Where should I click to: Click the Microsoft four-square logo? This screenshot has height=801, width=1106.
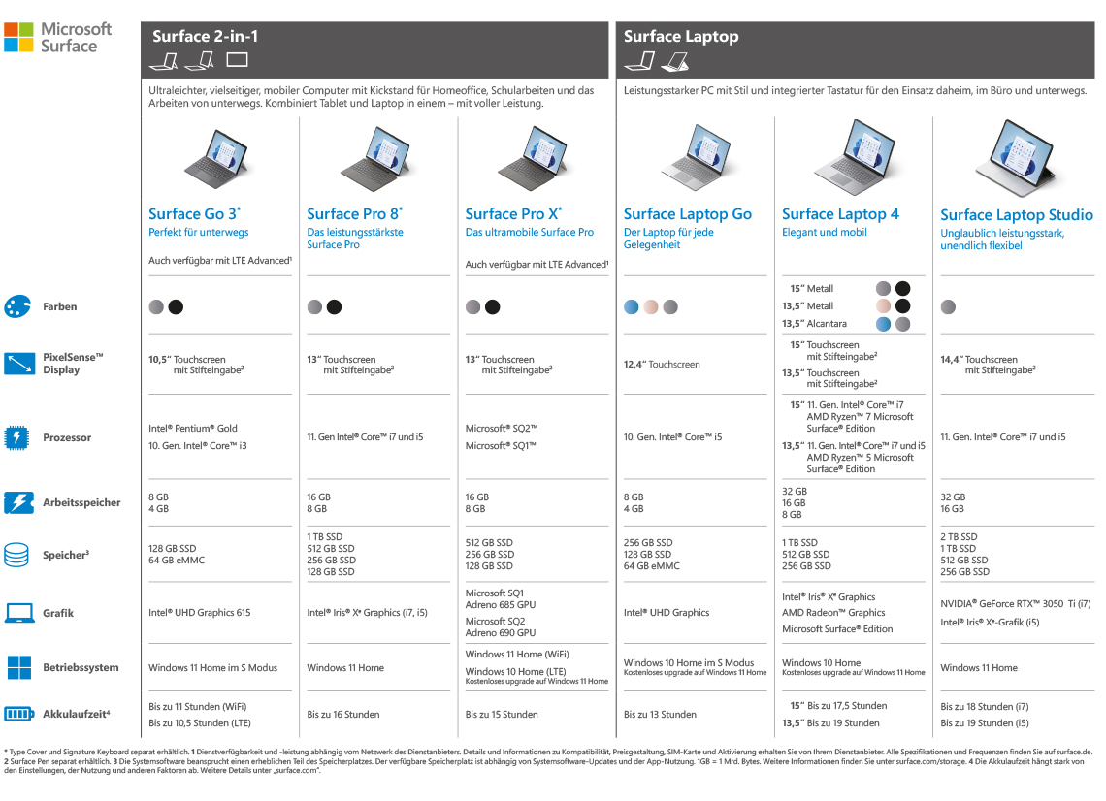(x=19, y=37)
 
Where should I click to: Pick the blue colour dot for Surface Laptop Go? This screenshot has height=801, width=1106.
(x=632, y=307)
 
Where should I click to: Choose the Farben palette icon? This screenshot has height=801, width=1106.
(x=17, y=306)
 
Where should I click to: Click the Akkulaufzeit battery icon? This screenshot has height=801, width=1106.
(x=18, y=715)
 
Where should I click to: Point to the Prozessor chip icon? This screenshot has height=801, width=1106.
(x=17, y=437)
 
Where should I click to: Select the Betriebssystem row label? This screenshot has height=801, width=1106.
(x=81, y=667)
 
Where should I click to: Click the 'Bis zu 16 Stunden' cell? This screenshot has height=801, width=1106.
(x=343, y=715)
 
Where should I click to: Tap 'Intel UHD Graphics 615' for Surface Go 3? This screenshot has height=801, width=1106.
(x=199, y=613)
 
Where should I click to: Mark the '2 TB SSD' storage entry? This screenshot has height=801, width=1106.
(x=959, y=536)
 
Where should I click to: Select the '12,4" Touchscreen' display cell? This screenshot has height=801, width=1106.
(x=661, y=365)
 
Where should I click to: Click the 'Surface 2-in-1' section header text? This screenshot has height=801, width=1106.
(x=205, y=37)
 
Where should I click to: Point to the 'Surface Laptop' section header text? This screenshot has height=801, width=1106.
(x=681, y=37)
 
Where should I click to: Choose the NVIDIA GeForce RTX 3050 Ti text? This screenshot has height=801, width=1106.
(x=1015, y=603)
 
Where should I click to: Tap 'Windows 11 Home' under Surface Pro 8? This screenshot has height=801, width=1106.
(x=345, y=667)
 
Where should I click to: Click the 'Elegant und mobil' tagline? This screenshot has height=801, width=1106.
(x=824, y=233)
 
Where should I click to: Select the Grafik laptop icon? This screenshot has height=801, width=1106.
(x=18, y=613)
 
